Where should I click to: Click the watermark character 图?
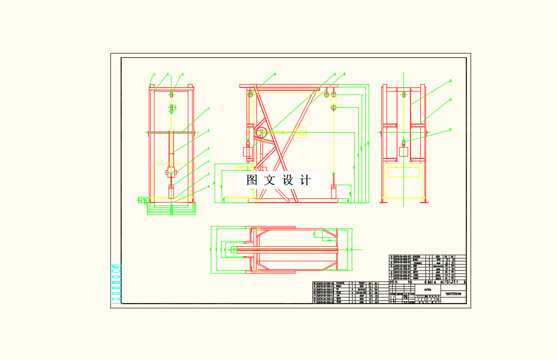pyautogui.click(x=252, y=180)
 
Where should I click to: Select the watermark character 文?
pyautogui.click(x=270, y=180)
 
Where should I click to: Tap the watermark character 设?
pyautogui.click(x=287, y=180)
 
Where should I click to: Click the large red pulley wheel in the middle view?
pyautogui.click(x=261, y=133)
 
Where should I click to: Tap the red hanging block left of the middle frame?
pyautogui.click(x=247, y=152)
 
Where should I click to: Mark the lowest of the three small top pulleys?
pyautogui.click(x=333, y=108)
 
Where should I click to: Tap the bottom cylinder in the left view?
pyautogui.click(x=171, y=193)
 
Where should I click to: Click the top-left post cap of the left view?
pyautogui.click(x=152, y=86)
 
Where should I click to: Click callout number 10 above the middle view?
pyautogui.click(x=275, y=74)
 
